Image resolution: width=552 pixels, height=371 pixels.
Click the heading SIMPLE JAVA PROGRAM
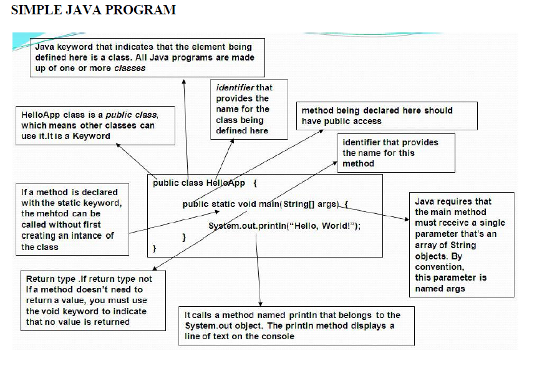[94, 10]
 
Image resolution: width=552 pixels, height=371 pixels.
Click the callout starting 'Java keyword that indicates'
[147, 57]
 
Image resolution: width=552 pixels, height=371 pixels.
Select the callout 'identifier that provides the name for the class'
[248, 109]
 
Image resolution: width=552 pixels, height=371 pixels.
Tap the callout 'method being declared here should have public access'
[386, 116]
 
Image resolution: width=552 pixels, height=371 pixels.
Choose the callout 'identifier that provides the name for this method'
[395, 153]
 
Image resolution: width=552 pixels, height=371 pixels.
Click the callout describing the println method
[296, 325]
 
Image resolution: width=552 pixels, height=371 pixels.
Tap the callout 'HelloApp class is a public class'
[95, 125]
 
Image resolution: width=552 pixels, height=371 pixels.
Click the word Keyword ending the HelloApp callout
[91, 136]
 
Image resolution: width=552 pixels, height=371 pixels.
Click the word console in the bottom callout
[279, 336]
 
